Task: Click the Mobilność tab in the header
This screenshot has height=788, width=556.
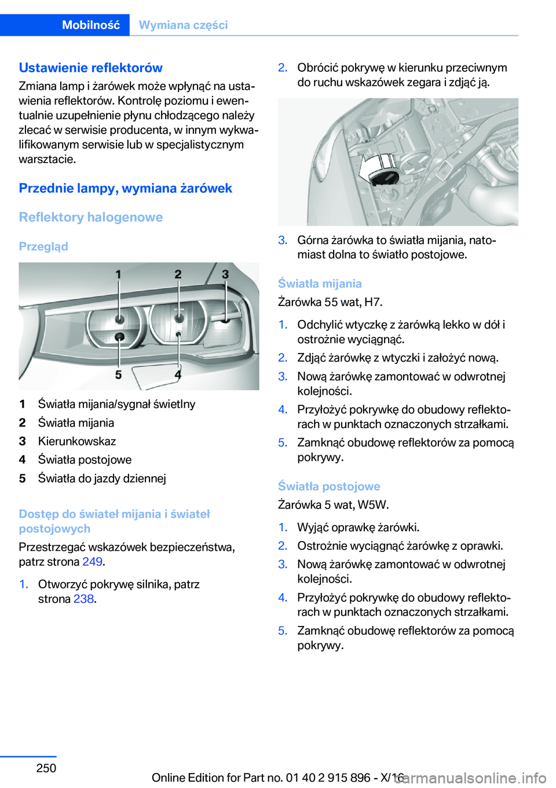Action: (x=91, y=25)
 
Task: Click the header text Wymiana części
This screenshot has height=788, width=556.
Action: (x=183, y=25)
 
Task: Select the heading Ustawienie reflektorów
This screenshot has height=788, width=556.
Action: (x=90, y=68)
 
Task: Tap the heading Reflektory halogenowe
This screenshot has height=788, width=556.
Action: (x=90, y=217)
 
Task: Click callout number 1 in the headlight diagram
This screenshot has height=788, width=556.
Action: (x=118, y=274)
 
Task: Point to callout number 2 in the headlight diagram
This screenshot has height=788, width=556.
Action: (x=178, y=274)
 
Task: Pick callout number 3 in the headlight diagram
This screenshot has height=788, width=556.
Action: (x=225, y=274)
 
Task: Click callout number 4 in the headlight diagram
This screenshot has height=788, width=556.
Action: (x=178, y=375)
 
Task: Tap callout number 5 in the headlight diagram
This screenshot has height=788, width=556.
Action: (x=118, y=375)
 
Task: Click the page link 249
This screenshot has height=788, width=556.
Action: (x=92, y=562)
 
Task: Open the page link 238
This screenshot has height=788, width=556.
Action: (x=83, y=599)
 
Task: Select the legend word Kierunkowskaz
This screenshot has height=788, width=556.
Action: (x=77, y=441)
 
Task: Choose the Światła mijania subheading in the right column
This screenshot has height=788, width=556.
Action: (x=320, y=283)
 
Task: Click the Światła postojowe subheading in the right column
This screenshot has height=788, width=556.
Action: (x=329, y=486)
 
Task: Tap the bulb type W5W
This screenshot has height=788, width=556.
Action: (x=372, y=505)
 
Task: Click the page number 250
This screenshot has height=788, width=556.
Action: (x=46, y=768)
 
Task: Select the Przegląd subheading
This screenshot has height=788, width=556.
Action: (x=43, y=246)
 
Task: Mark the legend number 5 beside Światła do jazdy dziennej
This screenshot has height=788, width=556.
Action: (x=23, y=478)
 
